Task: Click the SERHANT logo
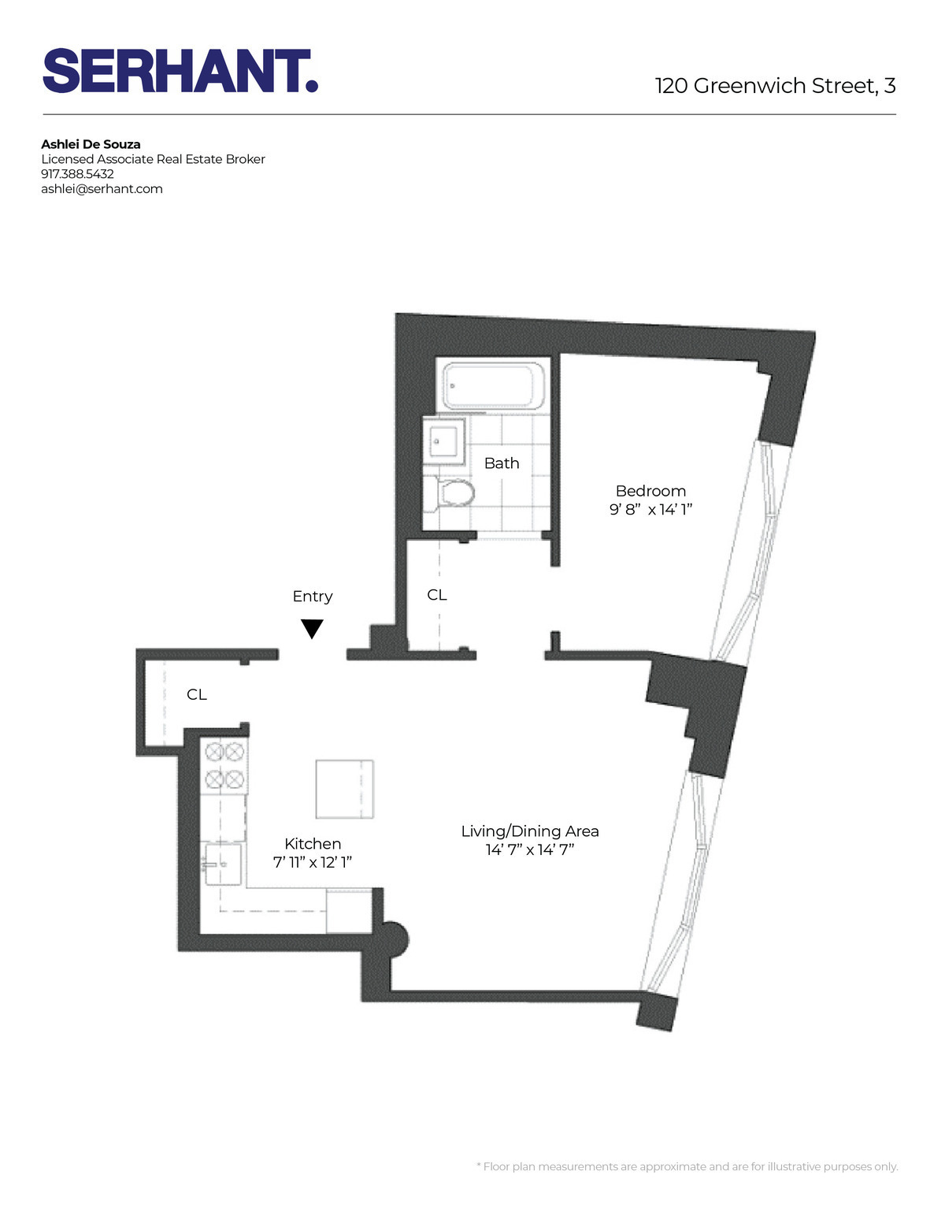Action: [x=180, y=71]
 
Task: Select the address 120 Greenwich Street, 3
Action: [x=775, y=86]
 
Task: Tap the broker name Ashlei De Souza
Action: [x=91, y=144]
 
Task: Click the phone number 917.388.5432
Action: [x=77, y=174]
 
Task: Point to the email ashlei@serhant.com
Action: [x=102, y=189]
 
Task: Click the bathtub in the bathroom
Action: [x=493, y=386]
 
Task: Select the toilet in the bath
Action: [x=454, y=495]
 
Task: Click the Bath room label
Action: [x=502, y=463]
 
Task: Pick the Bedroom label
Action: [x=650, y=491]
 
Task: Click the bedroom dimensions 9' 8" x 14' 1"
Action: [x=650, y=510]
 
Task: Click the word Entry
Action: [x=313, y=597]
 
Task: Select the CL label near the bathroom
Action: [x=437, y=595]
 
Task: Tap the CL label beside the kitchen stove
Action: [x=197, y=694]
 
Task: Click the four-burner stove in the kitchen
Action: [x=224, y=765]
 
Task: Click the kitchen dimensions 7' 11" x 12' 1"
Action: [x=313, y=863]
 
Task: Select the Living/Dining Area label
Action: [x=530, y=831]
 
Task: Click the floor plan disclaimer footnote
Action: [x=687, y=1166]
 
